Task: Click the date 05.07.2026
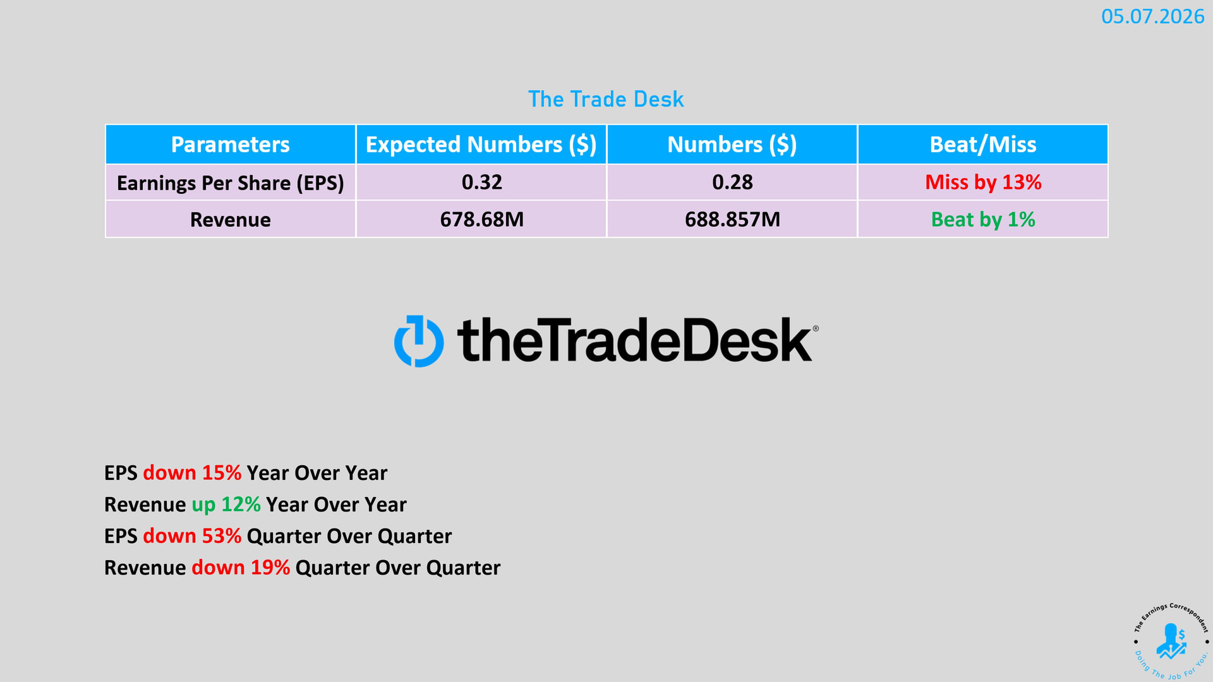[x=1152, y=16]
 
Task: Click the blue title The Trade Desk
[x=606, y=99]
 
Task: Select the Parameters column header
[x=230, y=145]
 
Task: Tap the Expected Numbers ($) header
[x=481, y=145]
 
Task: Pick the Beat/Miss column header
[x=982, y=145]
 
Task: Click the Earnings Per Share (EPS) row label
[x=230, y=183]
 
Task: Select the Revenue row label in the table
[x=230, y=220]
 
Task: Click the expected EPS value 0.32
[x=481, y=182]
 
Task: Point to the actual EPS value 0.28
[x=732, y=182]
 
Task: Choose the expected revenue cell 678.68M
[x=481, y=220]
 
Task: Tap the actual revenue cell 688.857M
[x=732, y=220]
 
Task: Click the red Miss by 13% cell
[x=983, y=182]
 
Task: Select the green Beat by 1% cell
[x=983, y=220]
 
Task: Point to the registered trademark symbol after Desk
[x=815, y=328]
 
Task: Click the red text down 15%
[x=192, y=473]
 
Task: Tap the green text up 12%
[x=226, y=505]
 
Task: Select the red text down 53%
[x=192, y=536]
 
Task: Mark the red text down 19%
[x=241, y=568]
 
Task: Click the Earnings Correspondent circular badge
[x=1171, y=642]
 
